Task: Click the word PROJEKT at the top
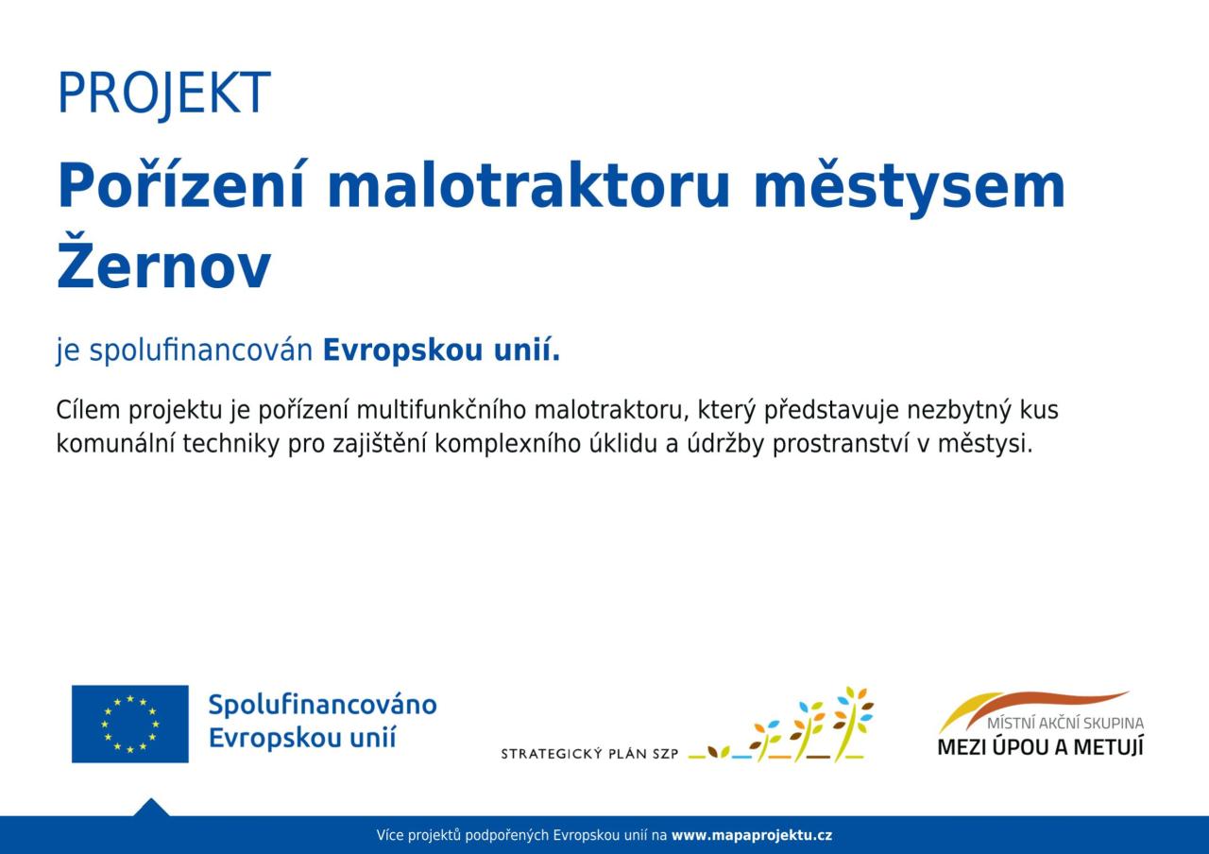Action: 163,93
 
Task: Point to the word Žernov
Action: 163,263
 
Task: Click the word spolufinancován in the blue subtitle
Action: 201,350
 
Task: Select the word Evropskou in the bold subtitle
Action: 402,350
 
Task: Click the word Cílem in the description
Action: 88,410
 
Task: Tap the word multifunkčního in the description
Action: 441,410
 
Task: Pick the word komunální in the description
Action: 115,444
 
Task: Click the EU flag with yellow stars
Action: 130,724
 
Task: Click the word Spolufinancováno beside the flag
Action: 323,705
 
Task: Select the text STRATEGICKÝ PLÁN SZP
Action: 589,754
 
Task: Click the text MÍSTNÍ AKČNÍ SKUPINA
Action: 1065,723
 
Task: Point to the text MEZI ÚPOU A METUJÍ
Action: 1041,746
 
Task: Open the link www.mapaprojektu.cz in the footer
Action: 752,835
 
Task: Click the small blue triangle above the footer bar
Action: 151,808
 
